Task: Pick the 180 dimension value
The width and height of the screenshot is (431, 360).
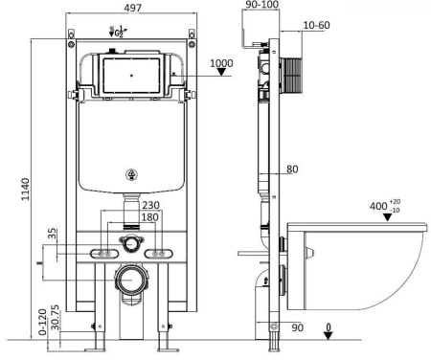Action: tap(151, 217)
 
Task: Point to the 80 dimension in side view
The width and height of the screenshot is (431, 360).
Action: tap(292, 170)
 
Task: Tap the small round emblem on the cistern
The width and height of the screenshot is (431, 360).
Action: tap(132, 174)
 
